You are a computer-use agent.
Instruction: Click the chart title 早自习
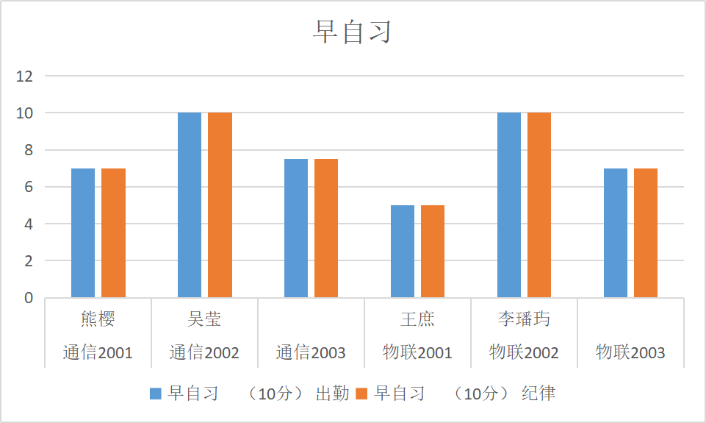pos(353,32)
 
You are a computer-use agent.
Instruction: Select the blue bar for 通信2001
pos(83,233)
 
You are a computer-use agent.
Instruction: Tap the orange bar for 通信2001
pos(113,233)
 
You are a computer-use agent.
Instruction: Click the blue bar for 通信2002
pos(190,205)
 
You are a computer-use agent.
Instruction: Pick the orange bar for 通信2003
pos(326,228)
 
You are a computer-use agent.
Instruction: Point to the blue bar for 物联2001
pos(403,252)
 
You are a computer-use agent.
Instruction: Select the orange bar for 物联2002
pos(539,205)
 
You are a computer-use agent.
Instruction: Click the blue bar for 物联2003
pos(616,233)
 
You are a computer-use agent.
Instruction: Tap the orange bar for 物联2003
pos(646,233)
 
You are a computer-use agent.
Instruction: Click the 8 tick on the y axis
pos(29,150)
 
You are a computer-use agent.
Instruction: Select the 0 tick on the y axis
pos(29,298)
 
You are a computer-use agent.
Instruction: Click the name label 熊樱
pos(98,319)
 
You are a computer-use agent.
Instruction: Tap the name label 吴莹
pos(204,319)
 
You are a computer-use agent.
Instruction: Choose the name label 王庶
pos(417,319)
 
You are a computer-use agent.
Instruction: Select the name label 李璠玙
pos(524,319)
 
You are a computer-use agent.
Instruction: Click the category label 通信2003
pos(311,353)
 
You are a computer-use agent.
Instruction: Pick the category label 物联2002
pos(524,353)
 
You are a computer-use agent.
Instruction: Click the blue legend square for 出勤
pos(155,394)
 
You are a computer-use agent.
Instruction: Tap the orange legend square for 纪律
pos(361,394)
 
